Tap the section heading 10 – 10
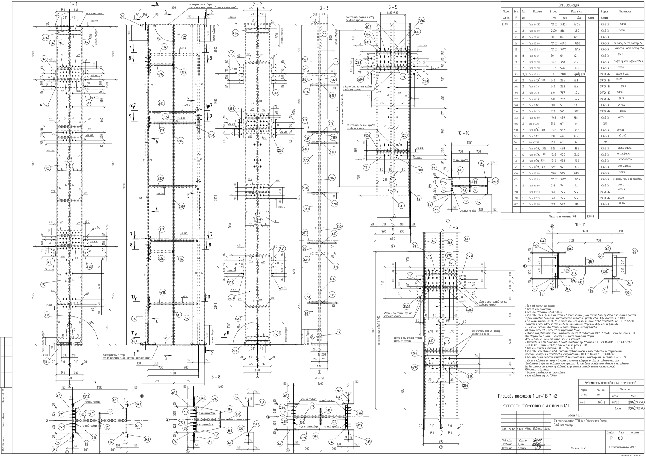(x=463, y=133)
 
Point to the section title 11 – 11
(x=580, y=224)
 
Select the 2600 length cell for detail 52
(x=553, y=31)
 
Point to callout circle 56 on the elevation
(x=122, y=16)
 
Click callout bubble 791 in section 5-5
(x=366, y=168)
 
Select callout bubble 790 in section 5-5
(x=419, y=170)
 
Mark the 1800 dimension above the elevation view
(x=173, y=8)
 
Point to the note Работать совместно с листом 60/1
(x=535, y=406)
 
